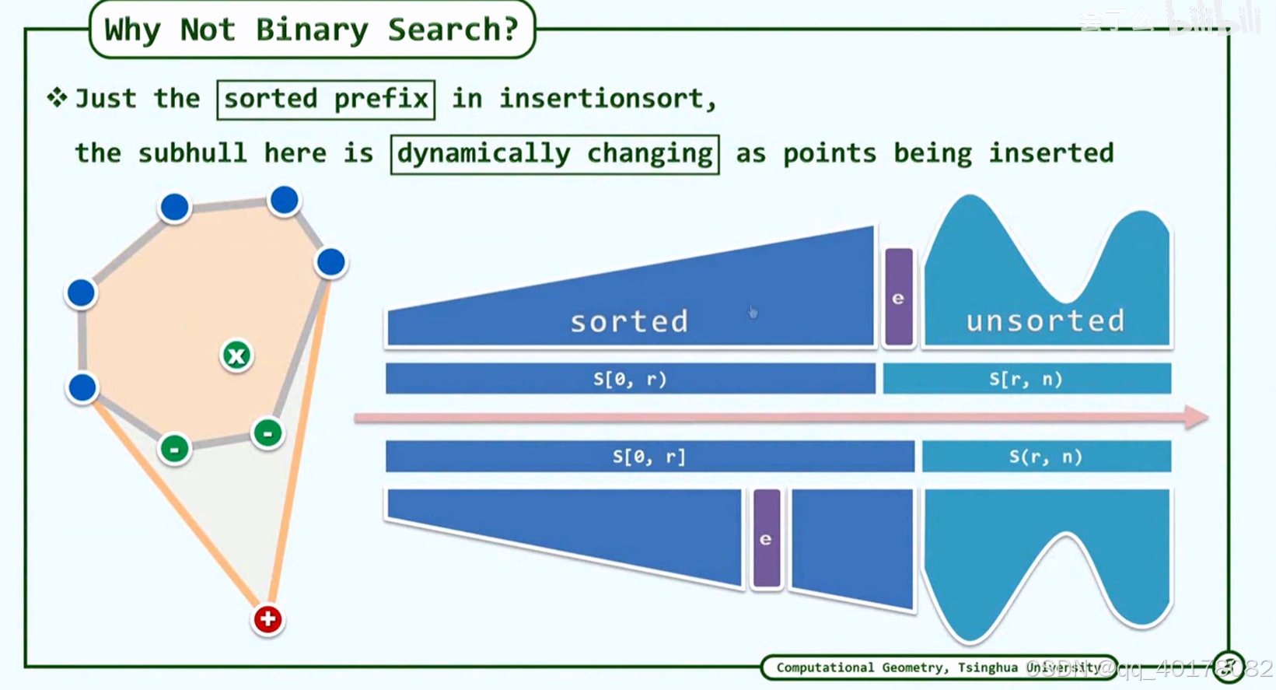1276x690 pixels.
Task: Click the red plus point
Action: click(267, 619)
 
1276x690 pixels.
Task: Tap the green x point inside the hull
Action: click(236, 356)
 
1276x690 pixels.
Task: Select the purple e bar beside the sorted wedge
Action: click(898, 297)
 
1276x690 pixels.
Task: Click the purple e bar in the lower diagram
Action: click(766, 538)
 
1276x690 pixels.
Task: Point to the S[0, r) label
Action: click(630, 379)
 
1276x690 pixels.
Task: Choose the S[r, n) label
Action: click(1026, 379)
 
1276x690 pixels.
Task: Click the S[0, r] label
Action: click(648, 456)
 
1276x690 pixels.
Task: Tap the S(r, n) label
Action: click(1045, 456)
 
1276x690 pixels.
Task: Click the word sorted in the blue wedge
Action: click(629, 320)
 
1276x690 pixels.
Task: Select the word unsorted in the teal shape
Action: click(1045, 320)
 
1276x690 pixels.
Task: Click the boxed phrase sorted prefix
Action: click(326, 99)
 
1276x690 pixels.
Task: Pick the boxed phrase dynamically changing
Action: click(554, 153)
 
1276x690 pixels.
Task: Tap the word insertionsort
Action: click(602, 99)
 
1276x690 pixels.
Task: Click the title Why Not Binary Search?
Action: click(311, 30)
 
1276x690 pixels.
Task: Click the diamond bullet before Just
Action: click(56, 97)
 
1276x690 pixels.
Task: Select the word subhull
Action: click(193, 153)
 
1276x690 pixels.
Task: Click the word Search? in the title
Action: click(453, 30)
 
